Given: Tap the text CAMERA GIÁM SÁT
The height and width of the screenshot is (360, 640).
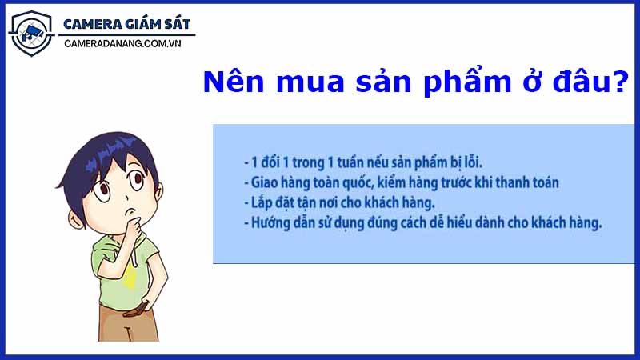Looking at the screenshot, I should [127, 24].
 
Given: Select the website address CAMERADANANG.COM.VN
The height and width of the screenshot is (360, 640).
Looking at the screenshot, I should [127, 46].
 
